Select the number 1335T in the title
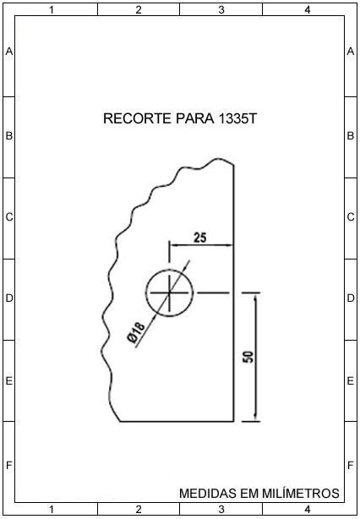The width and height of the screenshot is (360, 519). click(237, 119)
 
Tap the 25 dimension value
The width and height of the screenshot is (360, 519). click(200, 238)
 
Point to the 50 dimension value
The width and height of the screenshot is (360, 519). click(249, 356)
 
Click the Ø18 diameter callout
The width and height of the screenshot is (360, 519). click(136, 333)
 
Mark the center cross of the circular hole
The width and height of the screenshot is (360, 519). click(169, 293)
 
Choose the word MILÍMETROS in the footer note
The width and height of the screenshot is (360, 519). click(301, 493)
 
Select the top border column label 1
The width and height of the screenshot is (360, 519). click(52, 10)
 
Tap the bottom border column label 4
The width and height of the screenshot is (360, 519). click(308, 509)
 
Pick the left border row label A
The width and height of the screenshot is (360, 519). click(9, 52)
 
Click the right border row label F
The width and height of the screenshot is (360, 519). click(351, 466)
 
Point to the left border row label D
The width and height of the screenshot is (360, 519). click(9, 298)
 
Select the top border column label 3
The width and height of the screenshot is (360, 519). click(221, 10)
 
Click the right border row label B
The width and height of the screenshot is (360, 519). click(351, 136)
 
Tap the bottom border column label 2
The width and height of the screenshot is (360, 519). click(139, 509)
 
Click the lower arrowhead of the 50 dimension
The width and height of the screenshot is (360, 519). click(255, 418)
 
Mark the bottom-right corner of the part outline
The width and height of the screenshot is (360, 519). click(233, 422)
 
